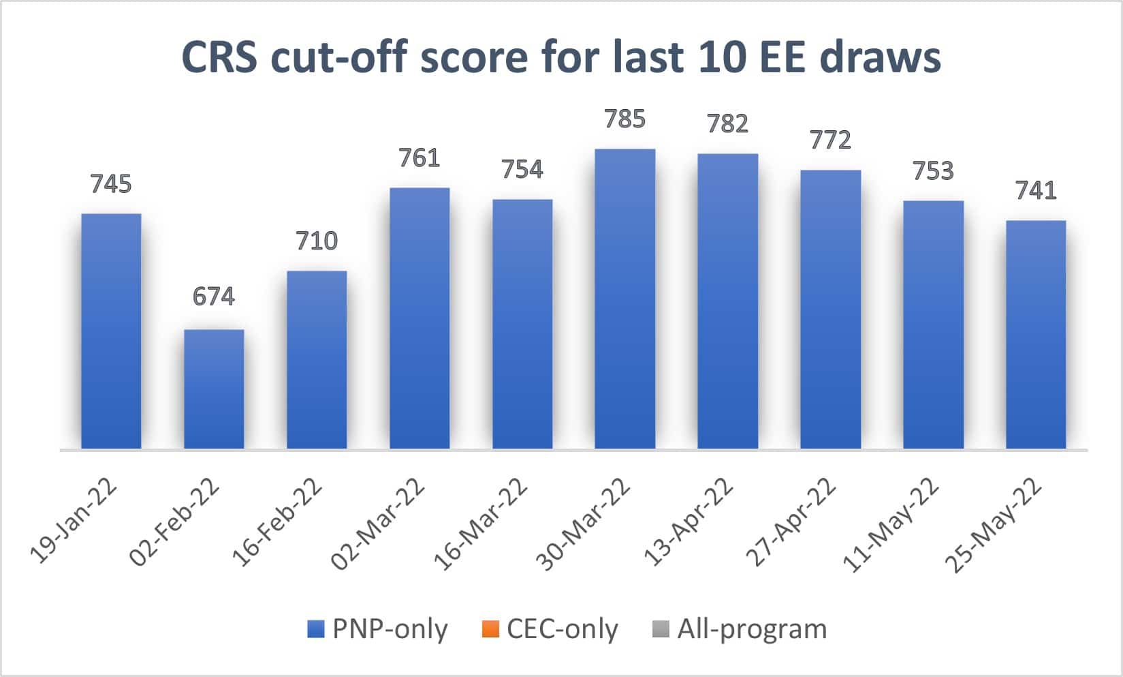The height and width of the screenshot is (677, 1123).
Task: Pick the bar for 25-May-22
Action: point(1036,334)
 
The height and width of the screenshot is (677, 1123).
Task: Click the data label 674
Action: point(214,297)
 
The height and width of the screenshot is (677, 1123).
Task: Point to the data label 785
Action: point(624,119)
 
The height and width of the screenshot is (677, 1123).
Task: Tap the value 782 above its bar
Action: point(727,124)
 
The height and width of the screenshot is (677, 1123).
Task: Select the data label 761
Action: point(420,158)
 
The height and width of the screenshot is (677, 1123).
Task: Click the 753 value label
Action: point(933,171)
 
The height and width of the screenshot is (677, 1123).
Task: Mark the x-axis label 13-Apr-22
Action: point(690,522)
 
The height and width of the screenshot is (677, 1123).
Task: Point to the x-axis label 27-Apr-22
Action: point(791,522)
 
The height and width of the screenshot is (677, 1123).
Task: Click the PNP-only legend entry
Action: point(378,629)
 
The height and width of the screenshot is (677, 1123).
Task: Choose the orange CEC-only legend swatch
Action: point(490,629)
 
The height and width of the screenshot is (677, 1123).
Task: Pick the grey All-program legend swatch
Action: point(661,629)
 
